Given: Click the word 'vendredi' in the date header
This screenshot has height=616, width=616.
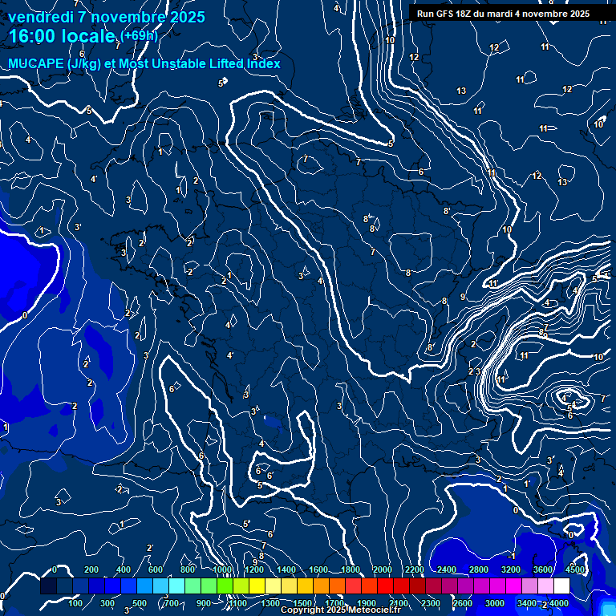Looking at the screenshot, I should (x=43, y=17).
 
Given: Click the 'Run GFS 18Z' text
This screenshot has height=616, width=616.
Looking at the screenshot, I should (x=443, y=14).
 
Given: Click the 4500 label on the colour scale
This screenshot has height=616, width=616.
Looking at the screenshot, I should (x=574, y=569).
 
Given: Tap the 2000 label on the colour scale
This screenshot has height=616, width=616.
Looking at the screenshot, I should (x=382, y=569).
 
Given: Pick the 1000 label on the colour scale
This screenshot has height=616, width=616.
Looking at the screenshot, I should (x=221, y=569).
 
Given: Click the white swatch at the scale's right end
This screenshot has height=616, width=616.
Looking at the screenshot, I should (x=561, y=586).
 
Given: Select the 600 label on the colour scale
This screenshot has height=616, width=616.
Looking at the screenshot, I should (x=156, y=569).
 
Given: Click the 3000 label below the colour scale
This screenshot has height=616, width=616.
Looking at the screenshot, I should (x=495, y=603).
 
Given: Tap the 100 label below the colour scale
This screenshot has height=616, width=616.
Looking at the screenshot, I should (x=75, y=603).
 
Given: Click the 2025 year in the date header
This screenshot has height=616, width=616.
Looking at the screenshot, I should (x=187, y=17).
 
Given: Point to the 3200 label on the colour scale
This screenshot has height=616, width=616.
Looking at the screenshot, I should (x=511, y=569).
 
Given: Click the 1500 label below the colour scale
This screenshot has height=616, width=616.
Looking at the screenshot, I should (x=302, y=603).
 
